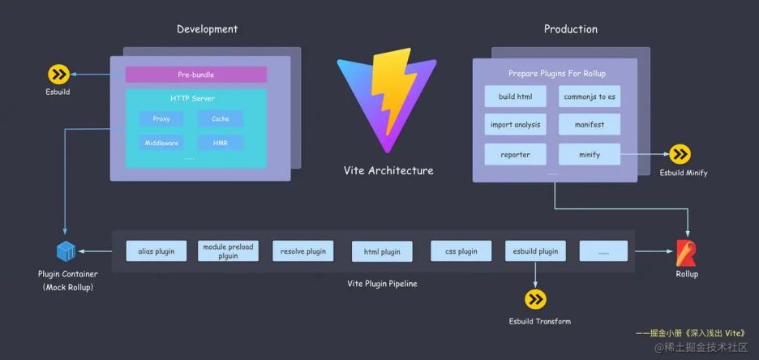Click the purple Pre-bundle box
195,75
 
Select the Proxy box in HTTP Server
161,119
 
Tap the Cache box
221,119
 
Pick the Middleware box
161,143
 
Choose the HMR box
221,143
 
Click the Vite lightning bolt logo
388,101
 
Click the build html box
516,96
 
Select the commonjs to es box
590,96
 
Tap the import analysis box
516,125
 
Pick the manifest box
590,125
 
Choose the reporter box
516,154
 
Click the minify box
590,154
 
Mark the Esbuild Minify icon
680,154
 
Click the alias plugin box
157,251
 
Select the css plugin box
461,251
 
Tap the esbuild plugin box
535,251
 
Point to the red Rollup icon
686,254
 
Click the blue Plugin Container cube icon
66,251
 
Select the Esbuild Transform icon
536,300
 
